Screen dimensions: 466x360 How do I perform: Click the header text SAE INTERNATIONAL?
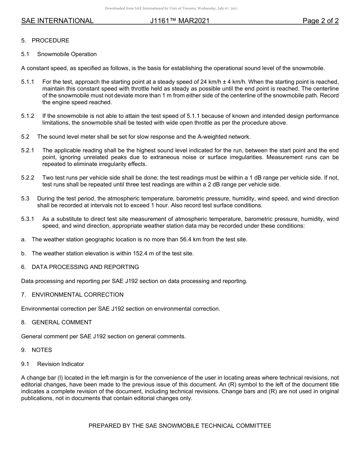(x=57, y=21)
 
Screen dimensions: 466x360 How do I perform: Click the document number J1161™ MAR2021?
(x=180, y=21)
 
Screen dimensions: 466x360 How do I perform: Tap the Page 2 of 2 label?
(x=320, y=21)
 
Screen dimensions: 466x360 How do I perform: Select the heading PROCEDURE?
(x=50, y=41)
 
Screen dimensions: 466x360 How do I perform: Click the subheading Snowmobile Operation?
(x=67, y=54)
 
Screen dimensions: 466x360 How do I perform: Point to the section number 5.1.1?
(x=28, y=82)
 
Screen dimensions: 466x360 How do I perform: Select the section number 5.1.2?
(x=28, y=116)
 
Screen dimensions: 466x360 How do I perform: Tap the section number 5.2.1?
(x=28, y=150)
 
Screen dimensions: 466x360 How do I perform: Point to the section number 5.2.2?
(x=28, y=178)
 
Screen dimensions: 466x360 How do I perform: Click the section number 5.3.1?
(x=28, y=219)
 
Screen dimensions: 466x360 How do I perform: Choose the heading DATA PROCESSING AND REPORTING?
(x=85, y=267)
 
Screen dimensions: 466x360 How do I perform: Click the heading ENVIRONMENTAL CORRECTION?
(x=78, y=295)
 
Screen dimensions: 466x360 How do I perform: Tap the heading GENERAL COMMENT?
(x=62, y=322)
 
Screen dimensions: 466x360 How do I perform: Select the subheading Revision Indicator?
(x=61, y=364)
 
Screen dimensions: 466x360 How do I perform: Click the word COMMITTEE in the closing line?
(x=254, y=426)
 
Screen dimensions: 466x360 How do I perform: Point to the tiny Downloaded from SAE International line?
(x=171, y=8)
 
